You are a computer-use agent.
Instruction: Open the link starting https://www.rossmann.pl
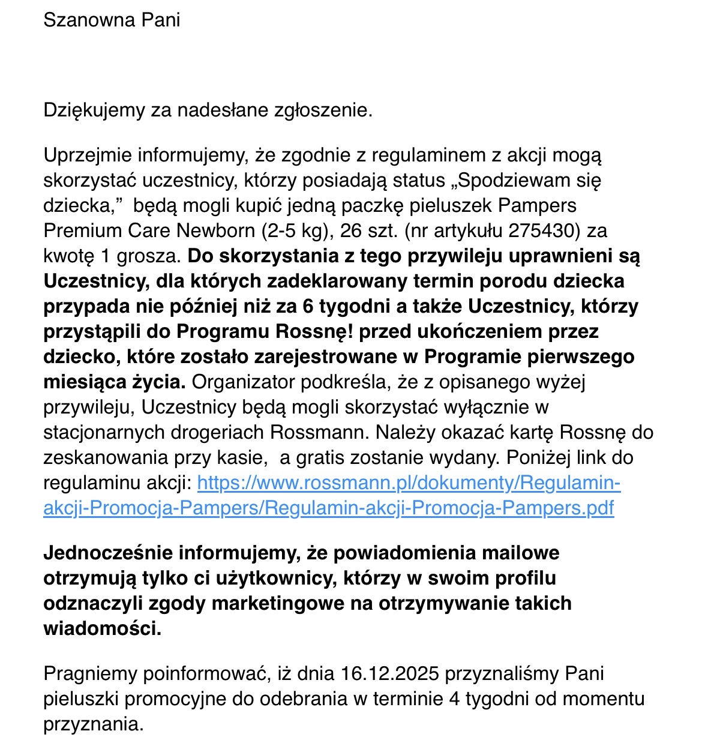pos(408,483)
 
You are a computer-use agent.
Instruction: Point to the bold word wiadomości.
pos(102,628)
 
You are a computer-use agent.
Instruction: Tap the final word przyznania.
pos(93,724)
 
